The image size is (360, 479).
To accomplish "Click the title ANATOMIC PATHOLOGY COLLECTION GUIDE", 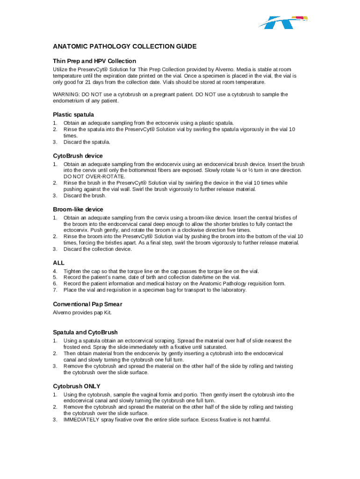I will click(x=124, y=46).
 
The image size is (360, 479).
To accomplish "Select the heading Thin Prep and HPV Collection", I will click(x=94, y=61).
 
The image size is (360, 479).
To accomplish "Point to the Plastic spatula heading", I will click(x=73, y=115).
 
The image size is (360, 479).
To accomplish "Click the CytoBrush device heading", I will click(x=78, y=156).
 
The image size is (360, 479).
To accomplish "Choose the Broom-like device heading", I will click(x=78, y=209).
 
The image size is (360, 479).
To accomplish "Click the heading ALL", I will click(x=58, y=263).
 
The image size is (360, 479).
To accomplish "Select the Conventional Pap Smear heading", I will click(x=88, y=304).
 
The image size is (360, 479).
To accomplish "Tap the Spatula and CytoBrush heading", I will click(x=85, y=333).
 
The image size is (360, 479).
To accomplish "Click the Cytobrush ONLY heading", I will click(x=77, y=386).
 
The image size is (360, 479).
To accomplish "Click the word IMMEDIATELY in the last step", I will click(x=81, y=420).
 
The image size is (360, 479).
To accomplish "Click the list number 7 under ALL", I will click(x=55, y=290).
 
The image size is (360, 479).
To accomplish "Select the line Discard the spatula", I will click(x=87, y=142).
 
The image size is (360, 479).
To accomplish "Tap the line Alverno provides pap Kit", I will click(x=82, y=312).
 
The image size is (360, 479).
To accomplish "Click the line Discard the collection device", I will click(x=98, y=249).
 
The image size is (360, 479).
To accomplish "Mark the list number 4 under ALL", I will click(x=55, y=271).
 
